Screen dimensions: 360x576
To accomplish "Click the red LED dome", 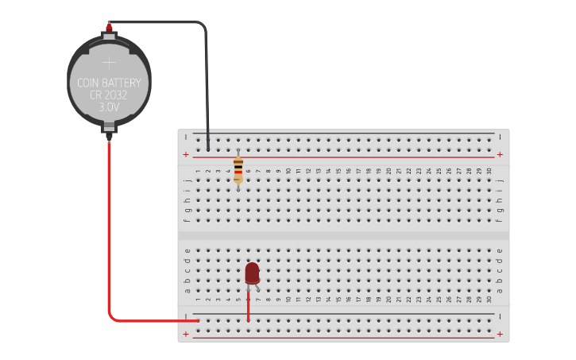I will (252, 273).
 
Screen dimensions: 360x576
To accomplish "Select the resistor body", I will (238, 170).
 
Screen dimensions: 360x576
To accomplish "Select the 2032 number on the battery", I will (118, 95).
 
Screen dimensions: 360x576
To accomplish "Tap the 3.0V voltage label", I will (109, 106).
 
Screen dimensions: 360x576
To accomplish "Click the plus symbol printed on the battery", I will (109, 62).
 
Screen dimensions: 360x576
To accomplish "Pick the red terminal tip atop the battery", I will (109, 29).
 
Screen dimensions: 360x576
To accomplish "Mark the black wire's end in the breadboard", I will (208, 148).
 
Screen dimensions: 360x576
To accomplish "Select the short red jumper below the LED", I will (248, 310).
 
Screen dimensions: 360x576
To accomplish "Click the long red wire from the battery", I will (109, 238).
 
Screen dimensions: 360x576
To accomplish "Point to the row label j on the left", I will (187, 180).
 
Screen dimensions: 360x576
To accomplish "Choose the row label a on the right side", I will (500, 290).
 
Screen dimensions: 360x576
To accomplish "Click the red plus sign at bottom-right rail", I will (500, 335).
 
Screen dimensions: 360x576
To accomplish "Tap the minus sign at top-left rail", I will (186, 137).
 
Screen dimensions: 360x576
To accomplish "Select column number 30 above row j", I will (489, 171).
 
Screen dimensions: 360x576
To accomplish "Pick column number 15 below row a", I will (338, 300).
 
